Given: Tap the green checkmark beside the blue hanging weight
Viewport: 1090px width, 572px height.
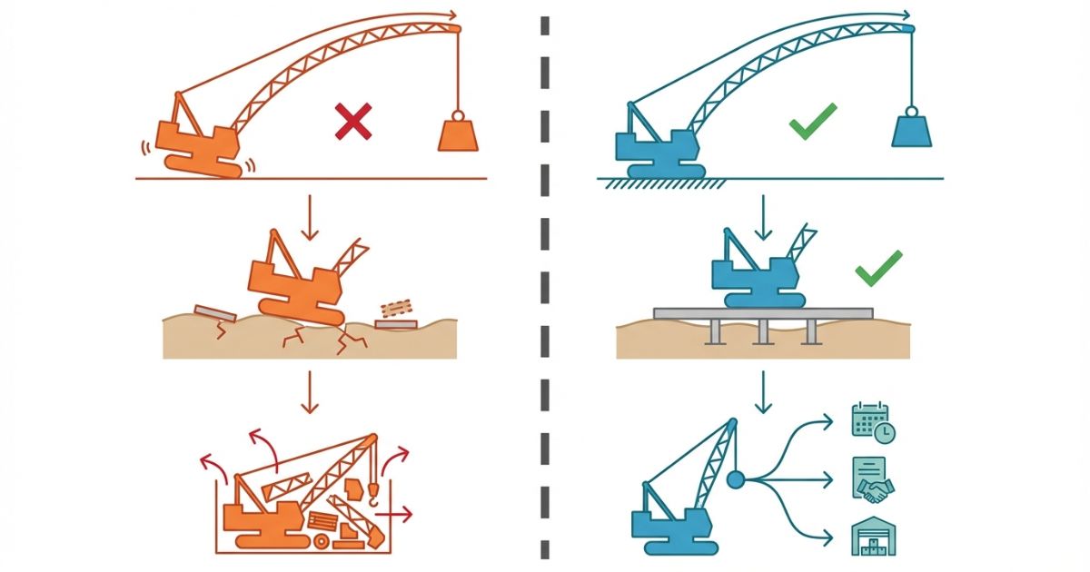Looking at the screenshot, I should pyautogui.click(x=812, y=122).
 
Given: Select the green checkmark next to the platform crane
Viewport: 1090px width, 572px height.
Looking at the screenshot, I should pyautogui.click(x=878, y=268).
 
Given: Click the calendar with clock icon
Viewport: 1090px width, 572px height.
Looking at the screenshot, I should pyautogui.click(x=872, y=422).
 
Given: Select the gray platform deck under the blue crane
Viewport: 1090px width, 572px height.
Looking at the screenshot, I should pyautogui.click(x=763, y=313).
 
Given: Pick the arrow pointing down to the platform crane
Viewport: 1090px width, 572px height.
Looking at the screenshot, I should pyautogui.click(x=763, y=216).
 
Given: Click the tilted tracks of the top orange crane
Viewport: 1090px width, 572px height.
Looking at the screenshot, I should pyautogui.click(x=203, y=165).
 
